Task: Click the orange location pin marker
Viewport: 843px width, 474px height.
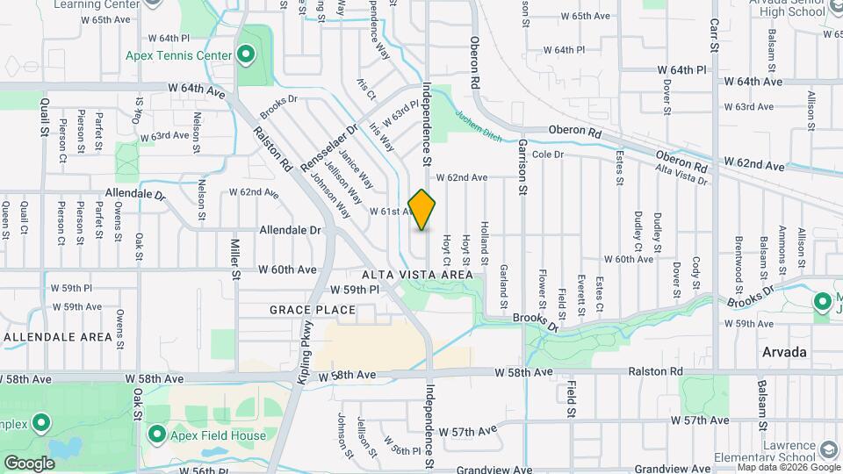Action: coord(422,209)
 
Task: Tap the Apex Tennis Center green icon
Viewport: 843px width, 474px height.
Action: coord(246,56)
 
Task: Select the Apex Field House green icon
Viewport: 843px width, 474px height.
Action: coord(157,434)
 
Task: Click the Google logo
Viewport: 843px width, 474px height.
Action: coord(30,463)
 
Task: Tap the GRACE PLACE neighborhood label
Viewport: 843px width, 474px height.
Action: coord(312,310)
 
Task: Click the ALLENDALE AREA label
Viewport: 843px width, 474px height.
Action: coord(58,337)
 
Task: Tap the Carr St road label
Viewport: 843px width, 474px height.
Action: coord(714,34)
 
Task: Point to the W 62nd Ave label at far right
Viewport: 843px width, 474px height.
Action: coord(754,164)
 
